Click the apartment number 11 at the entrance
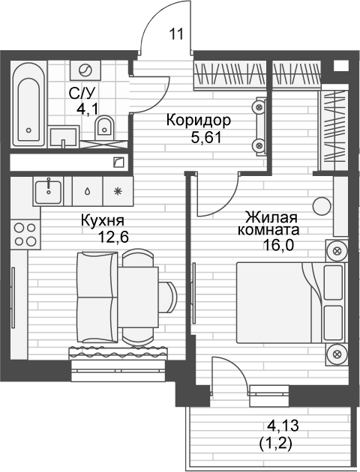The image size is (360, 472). point(176,34)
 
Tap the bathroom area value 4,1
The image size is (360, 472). point(87,109)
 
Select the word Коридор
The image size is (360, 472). point(199,121)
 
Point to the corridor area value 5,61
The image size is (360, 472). point(206,138)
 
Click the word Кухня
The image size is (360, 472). point(103,220)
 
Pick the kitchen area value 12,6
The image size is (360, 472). point(113,237)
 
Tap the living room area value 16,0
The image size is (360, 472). point(278,245)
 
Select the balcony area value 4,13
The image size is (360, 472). point(283,426)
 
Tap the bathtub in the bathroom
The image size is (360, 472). point(28,104)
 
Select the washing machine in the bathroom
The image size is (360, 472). point(85,70)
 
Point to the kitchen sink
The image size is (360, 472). point(49,191)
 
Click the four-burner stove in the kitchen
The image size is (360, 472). point(25,235)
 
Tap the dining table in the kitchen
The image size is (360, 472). point(138,297)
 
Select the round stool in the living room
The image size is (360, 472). point(322,206)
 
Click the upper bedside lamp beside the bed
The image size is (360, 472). point(337,251)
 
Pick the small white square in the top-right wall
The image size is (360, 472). point(341,66)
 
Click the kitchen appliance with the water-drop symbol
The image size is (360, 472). point(87,191)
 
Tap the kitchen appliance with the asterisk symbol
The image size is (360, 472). point(118,191)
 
